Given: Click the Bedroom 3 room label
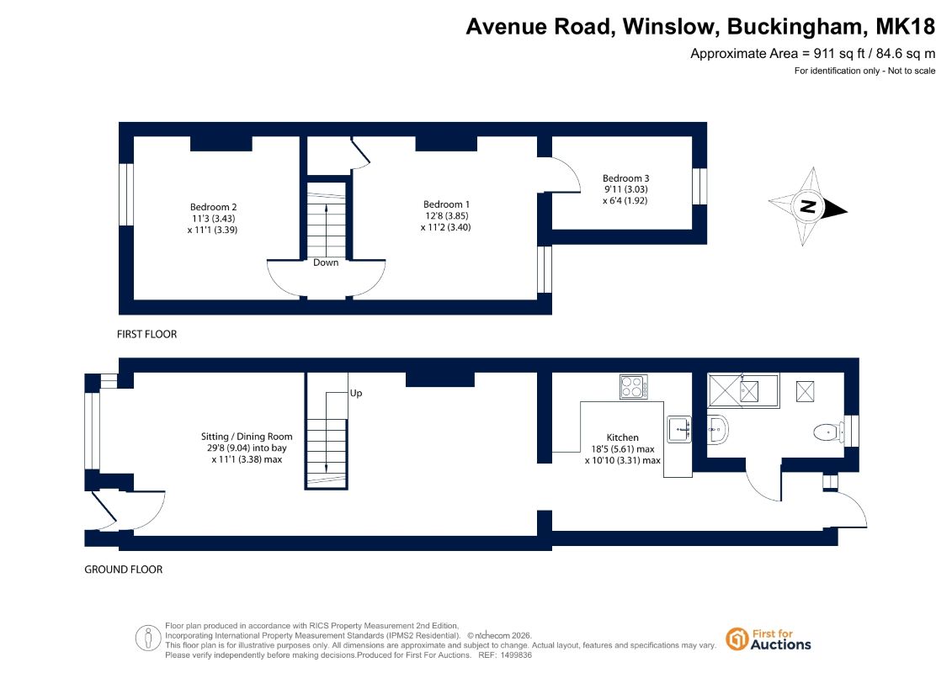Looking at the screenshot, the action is click(x=625, y=178).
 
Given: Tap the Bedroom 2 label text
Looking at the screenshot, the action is click(x=213, y=207).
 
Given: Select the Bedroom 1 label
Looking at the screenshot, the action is click(x=446, y=204).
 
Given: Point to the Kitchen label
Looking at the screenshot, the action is click(x=622, y=437).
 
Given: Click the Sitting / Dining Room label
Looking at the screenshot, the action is click(x=247, y=437).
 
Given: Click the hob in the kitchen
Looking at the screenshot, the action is click(x=633, y=387).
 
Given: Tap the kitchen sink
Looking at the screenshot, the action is click(x=679, y=429).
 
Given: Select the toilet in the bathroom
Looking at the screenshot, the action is click(x=826, y=432).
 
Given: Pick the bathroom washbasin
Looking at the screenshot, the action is click(x=718, y=430).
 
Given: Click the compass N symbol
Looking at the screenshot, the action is click(x=807, y=206).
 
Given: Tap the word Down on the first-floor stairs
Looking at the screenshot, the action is click(x=326, y=262).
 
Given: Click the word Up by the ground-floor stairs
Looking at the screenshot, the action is click(x=356, y=393).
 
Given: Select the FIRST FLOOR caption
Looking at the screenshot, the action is click(x=147, y=334).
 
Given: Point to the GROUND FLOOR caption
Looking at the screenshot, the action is click(x=123, y=570).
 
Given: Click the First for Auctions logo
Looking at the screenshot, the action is click(x=769, y=639).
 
